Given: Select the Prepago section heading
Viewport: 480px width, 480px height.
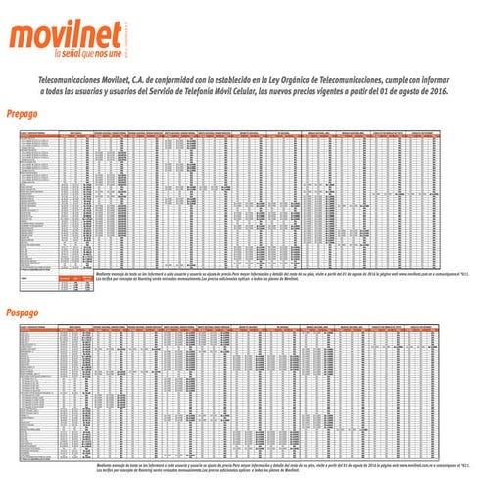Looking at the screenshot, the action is click(22, 113).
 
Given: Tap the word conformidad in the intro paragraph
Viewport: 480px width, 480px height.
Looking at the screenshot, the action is click(186, 76).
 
